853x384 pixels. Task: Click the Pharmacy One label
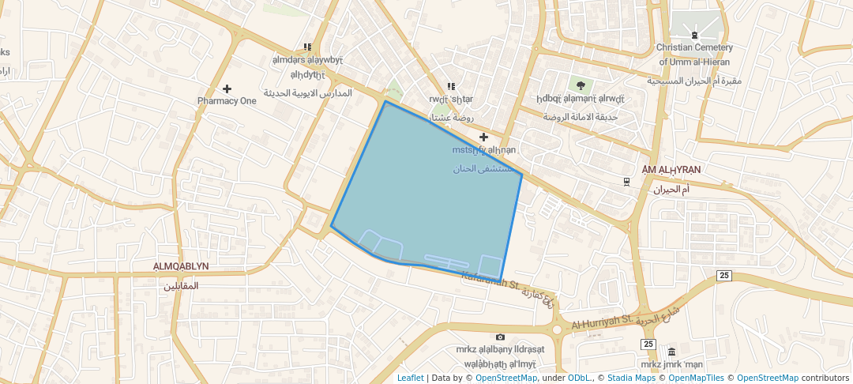click(227, 101)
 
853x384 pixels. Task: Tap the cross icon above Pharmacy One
click(227, 88)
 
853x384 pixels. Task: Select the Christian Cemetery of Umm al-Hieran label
click(693, 55)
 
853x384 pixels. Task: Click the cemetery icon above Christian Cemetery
click(694, 35)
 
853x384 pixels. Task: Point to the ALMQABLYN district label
click(182, 267)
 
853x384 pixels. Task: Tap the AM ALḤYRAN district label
click(671, 170)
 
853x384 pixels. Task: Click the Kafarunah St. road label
click(489, 280)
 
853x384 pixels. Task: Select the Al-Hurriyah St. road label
click(603, 322)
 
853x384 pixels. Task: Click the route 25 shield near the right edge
click(723, 275)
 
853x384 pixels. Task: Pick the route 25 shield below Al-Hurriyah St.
click(648, 344)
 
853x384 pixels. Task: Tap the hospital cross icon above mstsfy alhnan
click(484, 137)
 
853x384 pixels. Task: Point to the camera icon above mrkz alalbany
click(500, 337)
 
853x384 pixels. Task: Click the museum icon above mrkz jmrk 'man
click(671, 352)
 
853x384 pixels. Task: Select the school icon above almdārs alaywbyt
click(307, 48)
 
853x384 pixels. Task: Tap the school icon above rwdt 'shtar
click(451, 87)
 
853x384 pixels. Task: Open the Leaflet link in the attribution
click(410, 378)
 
